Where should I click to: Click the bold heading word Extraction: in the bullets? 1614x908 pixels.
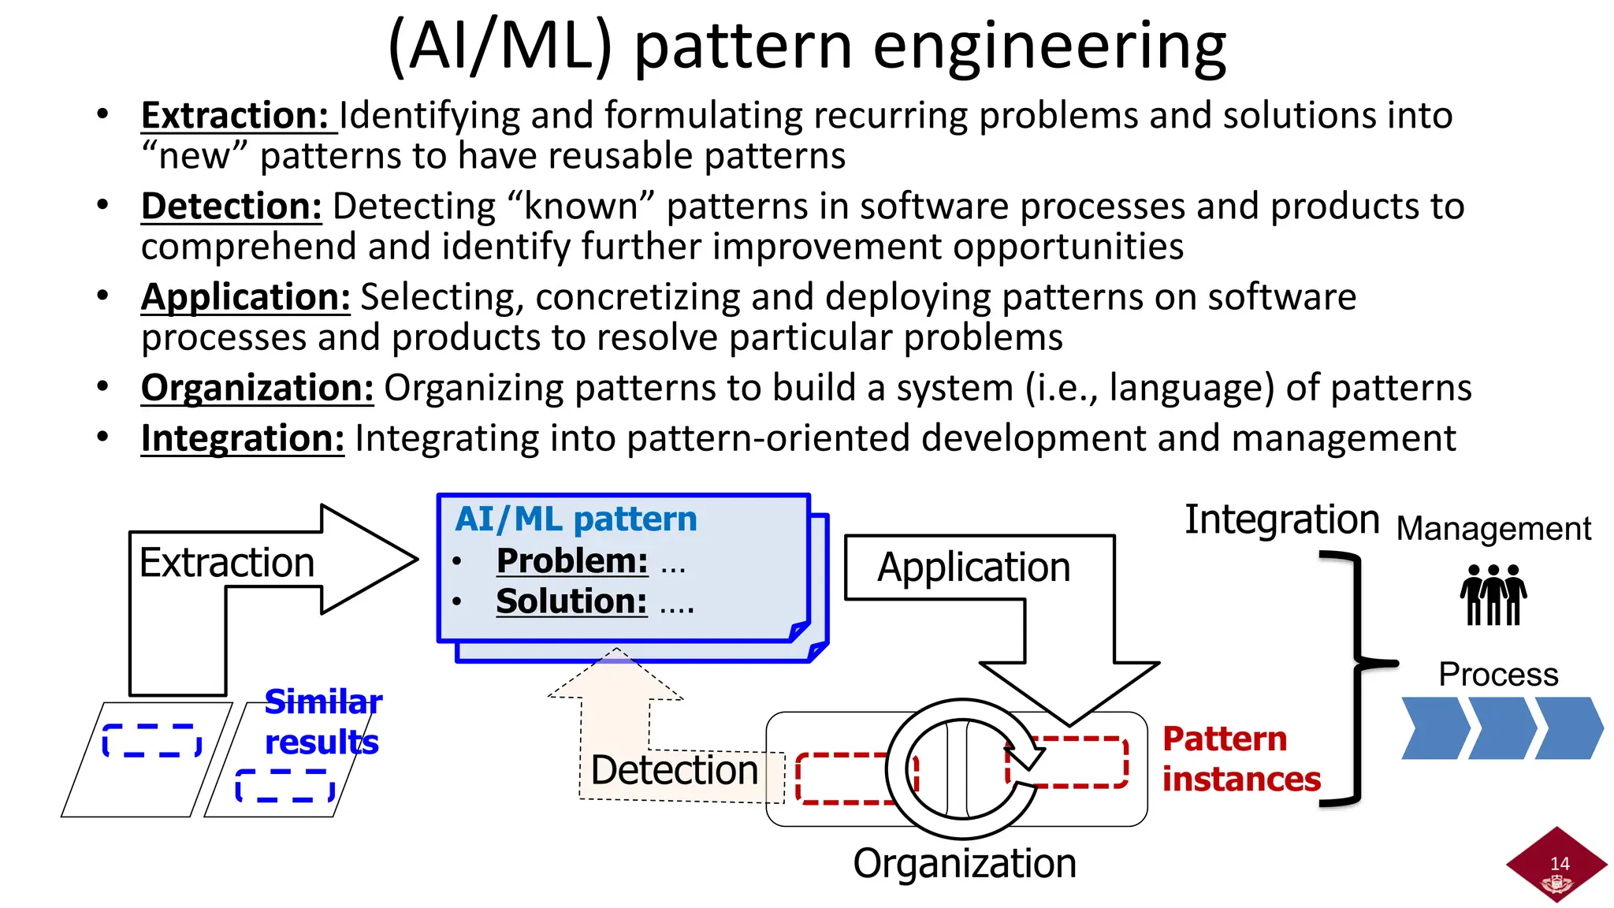[x=235, y=116]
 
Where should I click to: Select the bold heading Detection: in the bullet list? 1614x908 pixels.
[x=231, y=207]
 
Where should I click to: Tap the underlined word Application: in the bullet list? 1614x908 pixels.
[x=245, y=297]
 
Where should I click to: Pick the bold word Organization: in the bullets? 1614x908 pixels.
[x=257, y=388]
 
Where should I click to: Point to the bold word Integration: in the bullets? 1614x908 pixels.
[x=242, y=438]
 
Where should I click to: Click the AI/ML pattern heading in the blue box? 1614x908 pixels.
[x=576, y=519]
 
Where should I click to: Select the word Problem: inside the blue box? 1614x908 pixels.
[x=572, y=561]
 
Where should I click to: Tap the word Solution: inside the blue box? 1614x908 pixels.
[x=571, y=601]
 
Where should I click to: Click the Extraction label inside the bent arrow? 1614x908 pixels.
[x=227, y=563]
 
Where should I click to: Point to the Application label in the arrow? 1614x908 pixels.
[x=973, y=567]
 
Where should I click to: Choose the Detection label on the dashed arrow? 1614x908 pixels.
[x=674, y=770]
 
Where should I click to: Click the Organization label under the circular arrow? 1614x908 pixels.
[x=965, y=864]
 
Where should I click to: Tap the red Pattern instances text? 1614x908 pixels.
[x=1240, y=759]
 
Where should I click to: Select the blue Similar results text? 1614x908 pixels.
[x=322, y=722]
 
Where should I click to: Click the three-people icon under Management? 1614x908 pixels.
[x=1493, y=595]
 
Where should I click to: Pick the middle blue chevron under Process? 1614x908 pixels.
[x=1501, y=728]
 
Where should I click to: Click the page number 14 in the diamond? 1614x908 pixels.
[x=1560, y=864]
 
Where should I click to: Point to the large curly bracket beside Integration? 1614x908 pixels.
[x=1357, y=678]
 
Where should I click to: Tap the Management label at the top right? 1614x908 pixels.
[x=1493, y=529]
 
